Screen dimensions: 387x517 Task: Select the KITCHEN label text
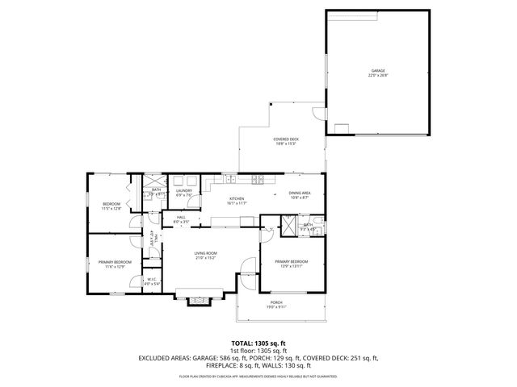point(237,200)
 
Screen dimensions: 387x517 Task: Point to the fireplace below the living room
point(199,302)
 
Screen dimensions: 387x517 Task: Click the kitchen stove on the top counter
point(258,178)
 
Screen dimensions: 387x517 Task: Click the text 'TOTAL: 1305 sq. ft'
point(258,343)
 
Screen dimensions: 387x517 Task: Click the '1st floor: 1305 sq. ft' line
point(258,351)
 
